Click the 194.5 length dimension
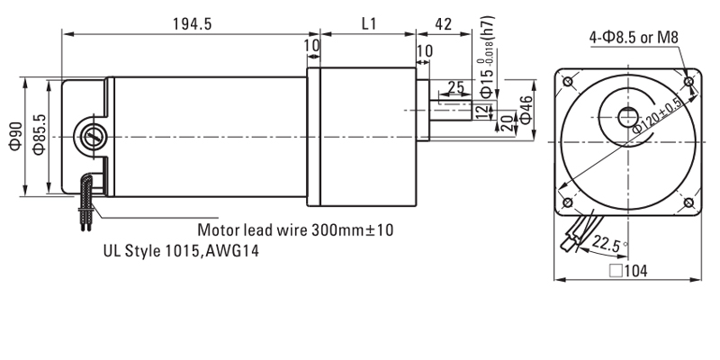192,24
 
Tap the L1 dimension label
368,24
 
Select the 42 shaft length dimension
443,24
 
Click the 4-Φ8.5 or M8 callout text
633,38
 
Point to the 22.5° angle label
608,242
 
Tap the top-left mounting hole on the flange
566,83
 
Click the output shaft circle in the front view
626,118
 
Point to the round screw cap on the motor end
92,137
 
